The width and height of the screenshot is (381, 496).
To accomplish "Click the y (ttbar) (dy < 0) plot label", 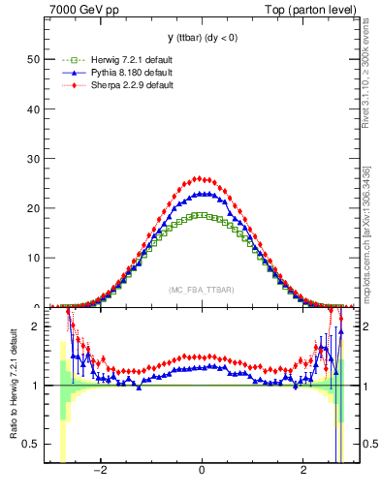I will click(x=202, y=38).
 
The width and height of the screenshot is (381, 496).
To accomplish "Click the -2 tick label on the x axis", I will click(x=99, y=472).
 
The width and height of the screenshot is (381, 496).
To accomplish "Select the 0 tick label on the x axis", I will click(x=202, y=472).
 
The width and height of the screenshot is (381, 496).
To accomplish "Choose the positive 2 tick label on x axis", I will click(x=303, y=472).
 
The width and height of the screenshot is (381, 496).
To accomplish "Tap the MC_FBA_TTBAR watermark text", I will click(x=201, y=291).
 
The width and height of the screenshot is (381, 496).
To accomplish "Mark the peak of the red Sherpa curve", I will click(x=200, y=178).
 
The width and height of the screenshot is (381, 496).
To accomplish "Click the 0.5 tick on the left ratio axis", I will click(x=31, y=444).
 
